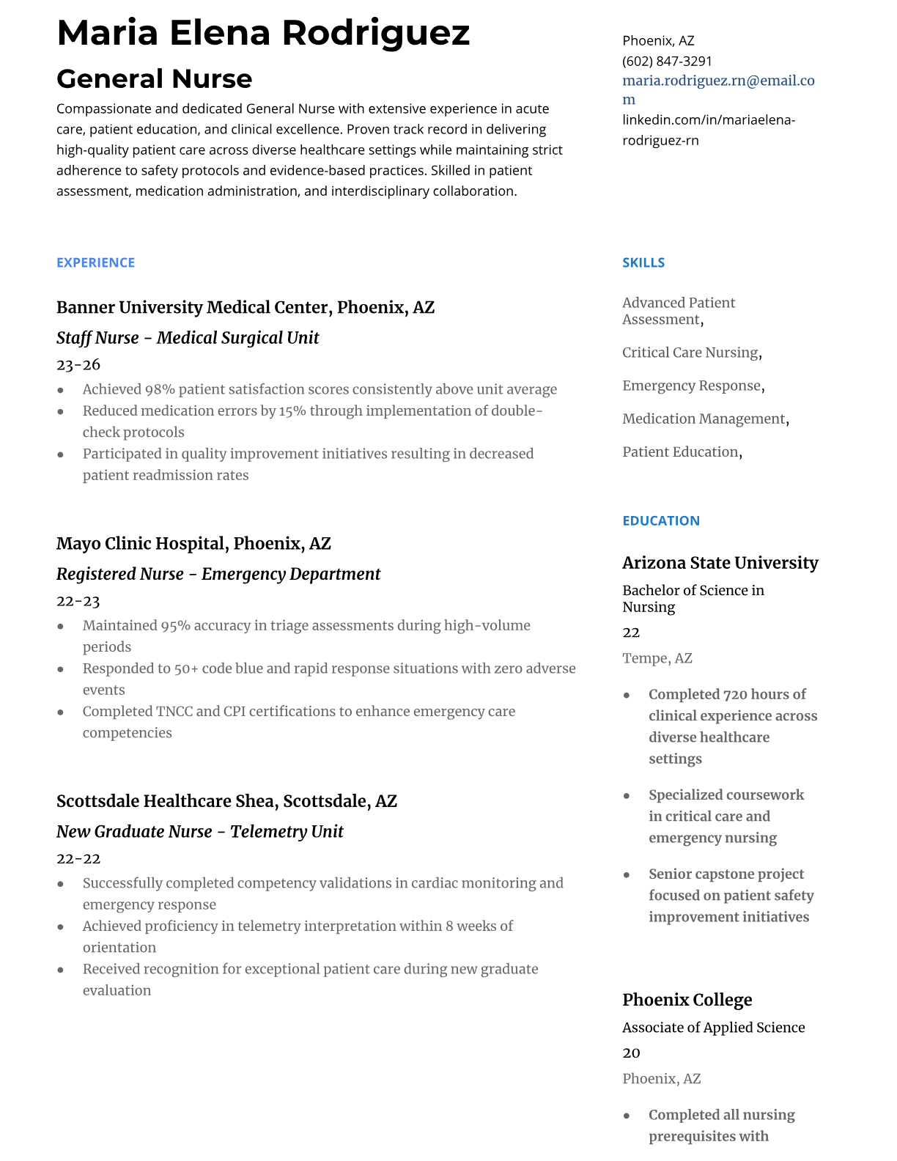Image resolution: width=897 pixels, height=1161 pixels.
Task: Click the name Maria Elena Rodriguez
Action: click(263, 33)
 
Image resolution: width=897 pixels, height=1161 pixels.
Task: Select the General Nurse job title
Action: click(154, 78)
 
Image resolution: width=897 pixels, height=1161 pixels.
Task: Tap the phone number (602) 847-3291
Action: click(667, 61)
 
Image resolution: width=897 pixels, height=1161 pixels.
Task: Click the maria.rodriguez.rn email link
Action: click(718, 81)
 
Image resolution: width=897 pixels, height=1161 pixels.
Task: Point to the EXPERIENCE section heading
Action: click(95, 262)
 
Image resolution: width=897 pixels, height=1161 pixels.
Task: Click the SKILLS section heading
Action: click(643, 262)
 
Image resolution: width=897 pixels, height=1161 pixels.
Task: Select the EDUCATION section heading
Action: click(660, 520)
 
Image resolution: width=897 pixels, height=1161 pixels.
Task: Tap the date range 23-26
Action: click(78, 364)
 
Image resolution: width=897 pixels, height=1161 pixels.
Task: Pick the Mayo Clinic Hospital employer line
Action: click(193, 543)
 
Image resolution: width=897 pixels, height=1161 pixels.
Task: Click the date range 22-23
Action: click(78, 601)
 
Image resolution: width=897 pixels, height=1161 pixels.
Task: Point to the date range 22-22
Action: click(78, 858)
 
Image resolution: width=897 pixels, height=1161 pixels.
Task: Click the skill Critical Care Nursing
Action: click(690, 353)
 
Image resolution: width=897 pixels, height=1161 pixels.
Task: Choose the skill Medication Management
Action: click(704, 419)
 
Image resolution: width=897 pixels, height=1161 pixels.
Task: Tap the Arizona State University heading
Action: click(720, 562)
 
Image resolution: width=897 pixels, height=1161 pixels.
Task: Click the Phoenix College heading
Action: click(687, 1000)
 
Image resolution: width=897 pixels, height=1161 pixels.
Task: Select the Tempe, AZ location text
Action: click(657, 658)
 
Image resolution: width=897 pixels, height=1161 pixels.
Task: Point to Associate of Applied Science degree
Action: click(713, 1028)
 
